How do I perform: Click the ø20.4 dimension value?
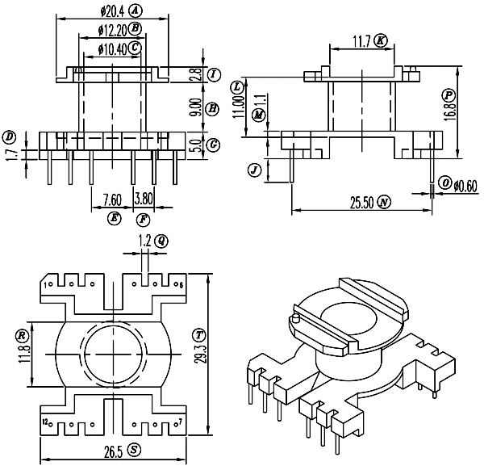[x=112, y=12]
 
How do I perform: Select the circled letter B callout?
[x=135, y=29]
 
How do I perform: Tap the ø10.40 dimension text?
[x=112, y=49]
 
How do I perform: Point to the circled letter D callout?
[x=9, y=137]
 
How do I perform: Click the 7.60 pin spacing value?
[x=112, y=199]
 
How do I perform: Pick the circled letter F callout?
[x=143, y=220]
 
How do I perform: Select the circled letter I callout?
[x=214, y=75]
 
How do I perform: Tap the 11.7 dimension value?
[x=361, y=41]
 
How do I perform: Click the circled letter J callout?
[x=254, y=170]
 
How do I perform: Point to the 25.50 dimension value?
[x=362, y=203]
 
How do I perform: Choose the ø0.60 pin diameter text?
[x=465, y=186]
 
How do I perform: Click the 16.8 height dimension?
[x=450, y=111]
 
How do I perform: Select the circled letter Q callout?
[x=161, y=241]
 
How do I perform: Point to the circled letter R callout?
[x=22, y=336]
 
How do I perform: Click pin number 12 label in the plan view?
[x=45, y=422]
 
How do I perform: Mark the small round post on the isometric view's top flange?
[x=296, y=318]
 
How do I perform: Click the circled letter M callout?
[x=258, y=115]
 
